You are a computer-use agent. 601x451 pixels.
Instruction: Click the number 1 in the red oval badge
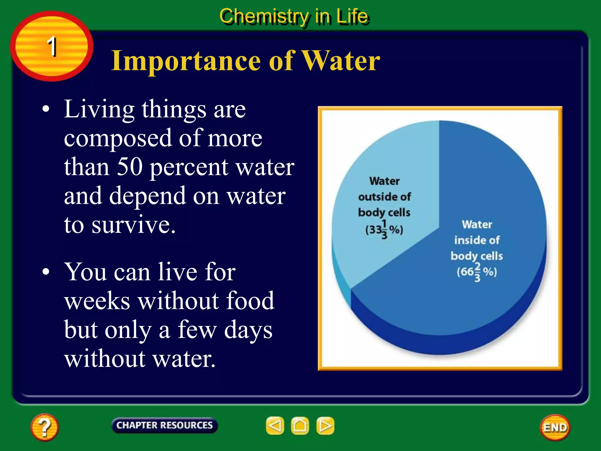pyautogui.click(x=52, y=46)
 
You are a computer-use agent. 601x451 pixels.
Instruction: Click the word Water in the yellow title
pyautogui.click(x=341, y=61)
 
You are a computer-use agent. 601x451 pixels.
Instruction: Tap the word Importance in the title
pyautogui.click(x=186, y=61)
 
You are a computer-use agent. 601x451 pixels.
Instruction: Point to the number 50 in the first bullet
pyautogui.click(x=129, y=167)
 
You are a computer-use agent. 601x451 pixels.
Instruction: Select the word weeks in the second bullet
pyautogui.click(x=97, y=301)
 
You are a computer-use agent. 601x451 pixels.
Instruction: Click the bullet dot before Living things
pyautogui.click(x=46, y=109)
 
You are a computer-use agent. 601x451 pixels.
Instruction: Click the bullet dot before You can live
pyautogui.click(x=46, y=272)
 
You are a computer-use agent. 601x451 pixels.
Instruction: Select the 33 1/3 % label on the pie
pyautogui.click(x=384, y=230)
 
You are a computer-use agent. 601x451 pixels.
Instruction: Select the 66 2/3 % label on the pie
pyautogui.click(x=477, y=272)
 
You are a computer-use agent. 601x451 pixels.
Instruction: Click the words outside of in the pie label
pyautogui.click(x=384, y=197)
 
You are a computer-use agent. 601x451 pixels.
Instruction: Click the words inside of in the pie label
pyautogui.click(x=477, y=240)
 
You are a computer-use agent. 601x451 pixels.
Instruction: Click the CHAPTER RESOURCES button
pyautogui.click(x=164, y=425)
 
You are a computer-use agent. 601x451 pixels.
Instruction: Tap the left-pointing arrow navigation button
pyautogui.click(x=275, y=425)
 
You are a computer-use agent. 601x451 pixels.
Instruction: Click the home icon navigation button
pyautogui.click(x=300, y=425)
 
